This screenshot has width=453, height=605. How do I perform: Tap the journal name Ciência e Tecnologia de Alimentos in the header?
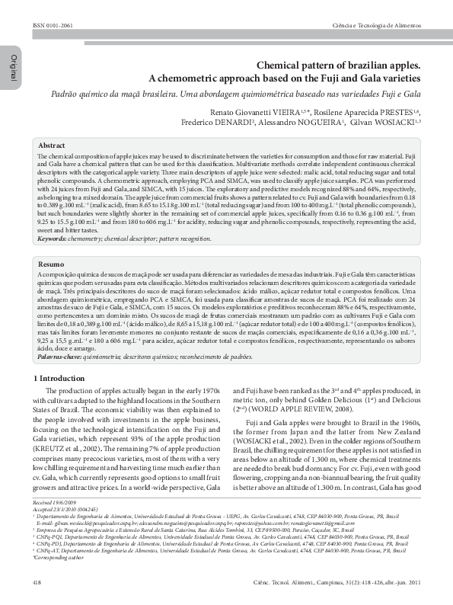coord(377,25)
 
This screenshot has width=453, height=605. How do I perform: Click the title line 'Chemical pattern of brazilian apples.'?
coord(338,66)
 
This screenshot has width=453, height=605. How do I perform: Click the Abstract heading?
coord(52,145)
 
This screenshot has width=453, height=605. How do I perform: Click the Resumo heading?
coord(51,264)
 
